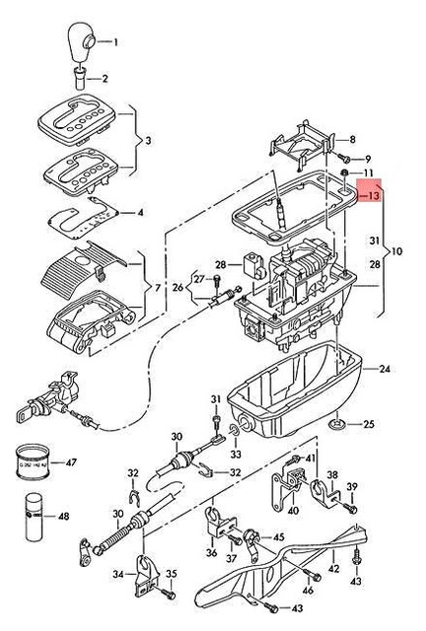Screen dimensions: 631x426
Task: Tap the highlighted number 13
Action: pos(373,195)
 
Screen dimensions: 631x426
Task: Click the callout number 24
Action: pos(385,369)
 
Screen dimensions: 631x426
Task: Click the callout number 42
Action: pos(333,568)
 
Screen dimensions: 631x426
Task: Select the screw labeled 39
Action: pos(349,510)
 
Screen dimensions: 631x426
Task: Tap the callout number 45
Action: pos(279,536)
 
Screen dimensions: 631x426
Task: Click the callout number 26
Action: pos(178,287)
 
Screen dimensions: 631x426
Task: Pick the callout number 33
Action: pos(235,455)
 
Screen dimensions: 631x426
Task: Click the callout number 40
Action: pos(293,511)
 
